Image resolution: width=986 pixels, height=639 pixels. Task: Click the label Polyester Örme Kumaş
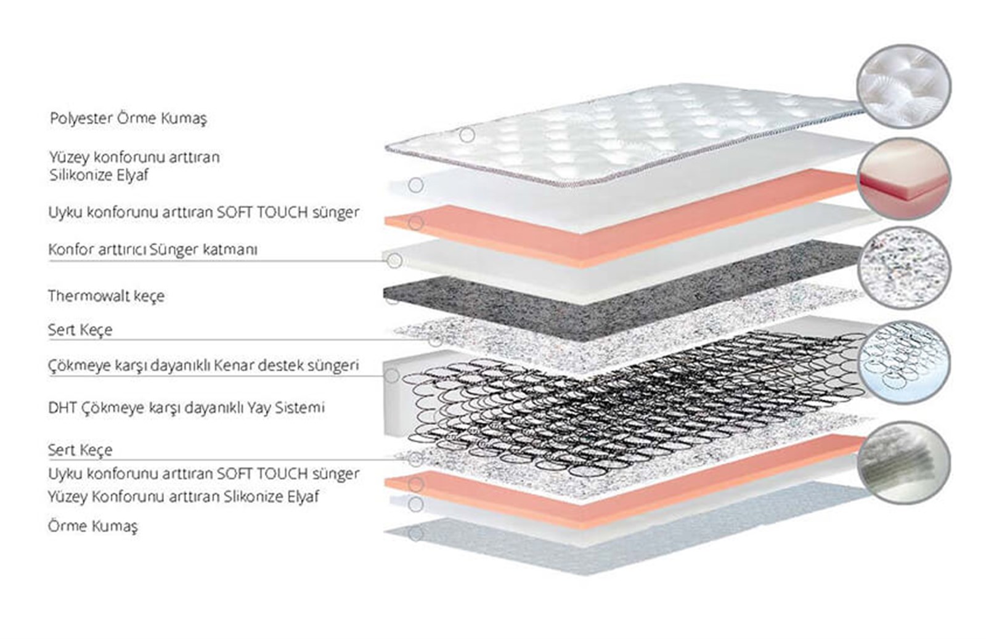click(128, 118)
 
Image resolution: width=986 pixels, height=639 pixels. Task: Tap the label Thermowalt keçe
click(106, 296)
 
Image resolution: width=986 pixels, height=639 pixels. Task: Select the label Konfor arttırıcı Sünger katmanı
click(153, 249)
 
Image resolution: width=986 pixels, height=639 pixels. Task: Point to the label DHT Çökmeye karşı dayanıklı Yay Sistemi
click(186, 408)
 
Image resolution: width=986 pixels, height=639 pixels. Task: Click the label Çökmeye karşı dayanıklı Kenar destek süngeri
click(203, 366)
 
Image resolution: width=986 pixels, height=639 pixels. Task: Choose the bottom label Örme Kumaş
click(93, 526)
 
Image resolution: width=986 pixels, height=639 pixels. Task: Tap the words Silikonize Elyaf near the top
click(99, 175)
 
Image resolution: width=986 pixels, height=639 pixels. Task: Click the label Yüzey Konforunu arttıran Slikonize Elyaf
click(183, 497)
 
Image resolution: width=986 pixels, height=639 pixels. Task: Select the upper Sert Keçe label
click(80, 330)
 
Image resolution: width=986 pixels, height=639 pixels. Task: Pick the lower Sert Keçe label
click(80, 450)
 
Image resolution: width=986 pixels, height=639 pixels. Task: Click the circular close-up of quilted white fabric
click(903, 87)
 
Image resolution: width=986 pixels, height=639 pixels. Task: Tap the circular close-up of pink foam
click(904, 179)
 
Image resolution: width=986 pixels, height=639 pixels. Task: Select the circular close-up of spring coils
click(904, 362)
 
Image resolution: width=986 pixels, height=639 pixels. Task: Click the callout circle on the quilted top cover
click(467, 135)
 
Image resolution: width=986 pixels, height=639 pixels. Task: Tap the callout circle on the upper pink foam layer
click(415, 223)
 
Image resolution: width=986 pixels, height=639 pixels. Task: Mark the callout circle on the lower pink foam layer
click(415, 484)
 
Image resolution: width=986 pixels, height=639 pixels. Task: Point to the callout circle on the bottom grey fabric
click(415, 534)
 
